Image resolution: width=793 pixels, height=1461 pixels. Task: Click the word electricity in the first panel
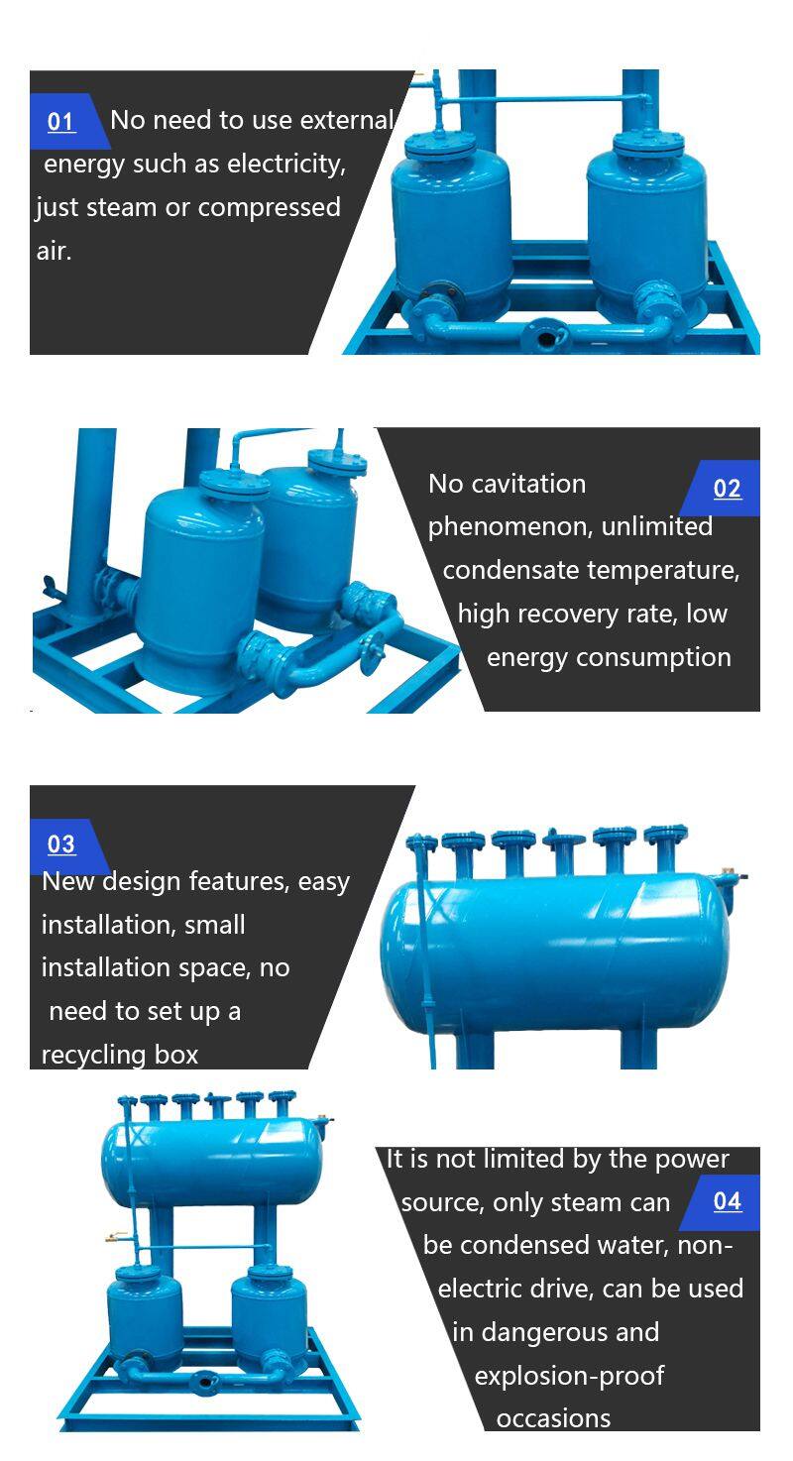286,165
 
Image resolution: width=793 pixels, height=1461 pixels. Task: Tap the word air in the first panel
54,251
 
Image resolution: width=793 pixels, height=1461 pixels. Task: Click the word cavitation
528,484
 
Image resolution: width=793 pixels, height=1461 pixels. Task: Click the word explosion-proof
569,1376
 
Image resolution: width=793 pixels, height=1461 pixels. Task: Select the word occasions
554,1418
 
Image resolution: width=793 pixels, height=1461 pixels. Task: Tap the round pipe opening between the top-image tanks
545,337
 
